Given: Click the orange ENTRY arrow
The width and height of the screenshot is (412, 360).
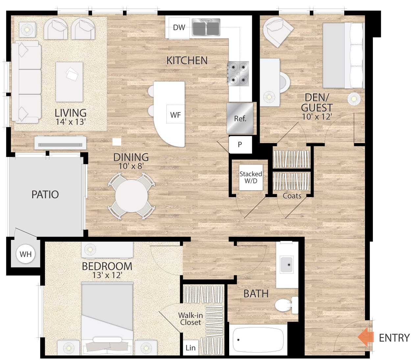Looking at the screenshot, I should pos(365,337).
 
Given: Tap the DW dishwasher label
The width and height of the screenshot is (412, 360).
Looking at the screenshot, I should pos(179,28).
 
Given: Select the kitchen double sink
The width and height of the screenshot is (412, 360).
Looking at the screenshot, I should pos(206,27).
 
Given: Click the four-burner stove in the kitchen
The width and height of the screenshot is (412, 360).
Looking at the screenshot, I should pos(238,73).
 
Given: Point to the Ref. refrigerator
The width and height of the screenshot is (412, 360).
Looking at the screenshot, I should pos(240,118).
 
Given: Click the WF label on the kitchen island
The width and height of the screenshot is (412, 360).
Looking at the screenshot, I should pos(175,115).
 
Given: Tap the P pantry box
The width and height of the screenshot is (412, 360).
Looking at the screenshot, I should pos(240,144).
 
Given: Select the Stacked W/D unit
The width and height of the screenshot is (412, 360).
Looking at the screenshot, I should pos(251,177).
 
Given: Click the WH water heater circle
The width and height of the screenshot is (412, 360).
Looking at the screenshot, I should pos(26,254).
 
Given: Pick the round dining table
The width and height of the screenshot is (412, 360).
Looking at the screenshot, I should pos(131,196).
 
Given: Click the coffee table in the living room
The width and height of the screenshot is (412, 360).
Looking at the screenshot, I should pos(69,82).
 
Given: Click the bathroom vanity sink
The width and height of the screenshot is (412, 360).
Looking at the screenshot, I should pos(286,265).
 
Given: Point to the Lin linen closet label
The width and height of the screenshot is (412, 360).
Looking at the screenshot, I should pos(190,348).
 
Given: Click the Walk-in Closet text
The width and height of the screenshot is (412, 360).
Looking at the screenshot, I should pos(190,319).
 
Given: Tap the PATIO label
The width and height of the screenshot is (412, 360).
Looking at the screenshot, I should pos(45,194).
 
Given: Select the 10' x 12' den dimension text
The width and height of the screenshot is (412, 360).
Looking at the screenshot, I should pos(317,116).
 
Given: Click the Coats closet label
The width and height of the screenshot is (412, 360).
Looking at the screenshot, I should pos(292,196).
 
